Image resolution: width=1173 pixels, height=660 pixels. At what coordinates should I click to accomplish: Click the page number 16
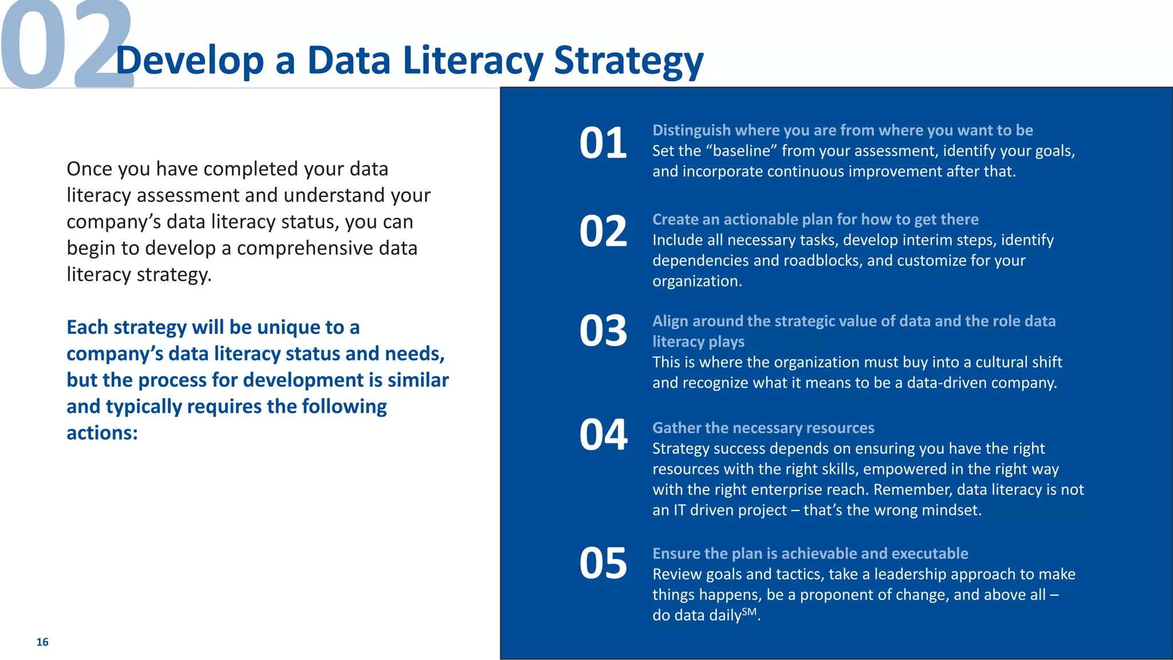[x=42, y=642]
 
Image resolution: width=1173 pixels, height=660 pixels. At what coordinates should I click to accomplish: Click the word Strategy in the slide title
[x=628, y=61]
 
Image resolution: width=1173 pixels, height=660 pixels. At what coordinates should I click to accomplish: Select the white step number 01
[x=603, y=143]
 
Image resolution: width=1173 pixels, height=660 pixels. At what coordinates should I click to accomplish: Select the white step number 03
[x=603, y=331]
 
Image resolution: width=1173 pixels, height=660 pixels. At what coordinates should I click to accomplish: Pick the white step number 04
[x=603, y=435]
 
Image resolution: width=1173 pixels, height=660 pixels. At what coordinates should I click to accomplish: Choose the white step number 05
[x=603, y=563]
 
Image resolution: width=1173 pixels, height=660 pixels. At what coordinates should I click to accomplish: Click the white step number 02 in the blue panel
[x=603, y=232]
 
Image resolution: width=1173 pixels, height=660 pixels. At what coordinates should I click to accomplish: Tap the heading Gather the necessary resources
[x=763, y=428]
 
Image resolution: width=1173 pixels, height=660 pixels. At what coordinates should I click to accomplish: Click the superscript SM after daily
[x=749, y=611]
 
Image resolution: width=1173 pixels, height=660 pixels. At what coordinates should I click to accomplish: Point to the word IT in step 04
[x=679, y=510]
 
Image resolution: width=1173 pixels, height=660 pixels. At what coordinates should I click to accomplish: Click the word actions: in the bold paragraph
[x=102, y=433]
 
